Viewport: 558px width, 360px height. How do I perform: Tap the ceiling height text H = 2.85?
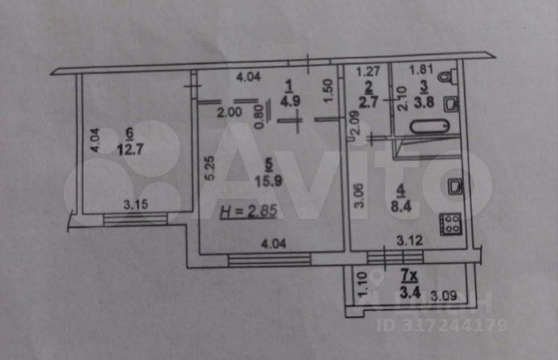248,212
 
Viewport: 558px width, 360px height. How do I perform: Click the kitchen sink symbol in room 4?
454,186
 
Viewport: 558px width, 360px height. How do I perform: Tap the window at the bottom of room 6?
135,219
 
